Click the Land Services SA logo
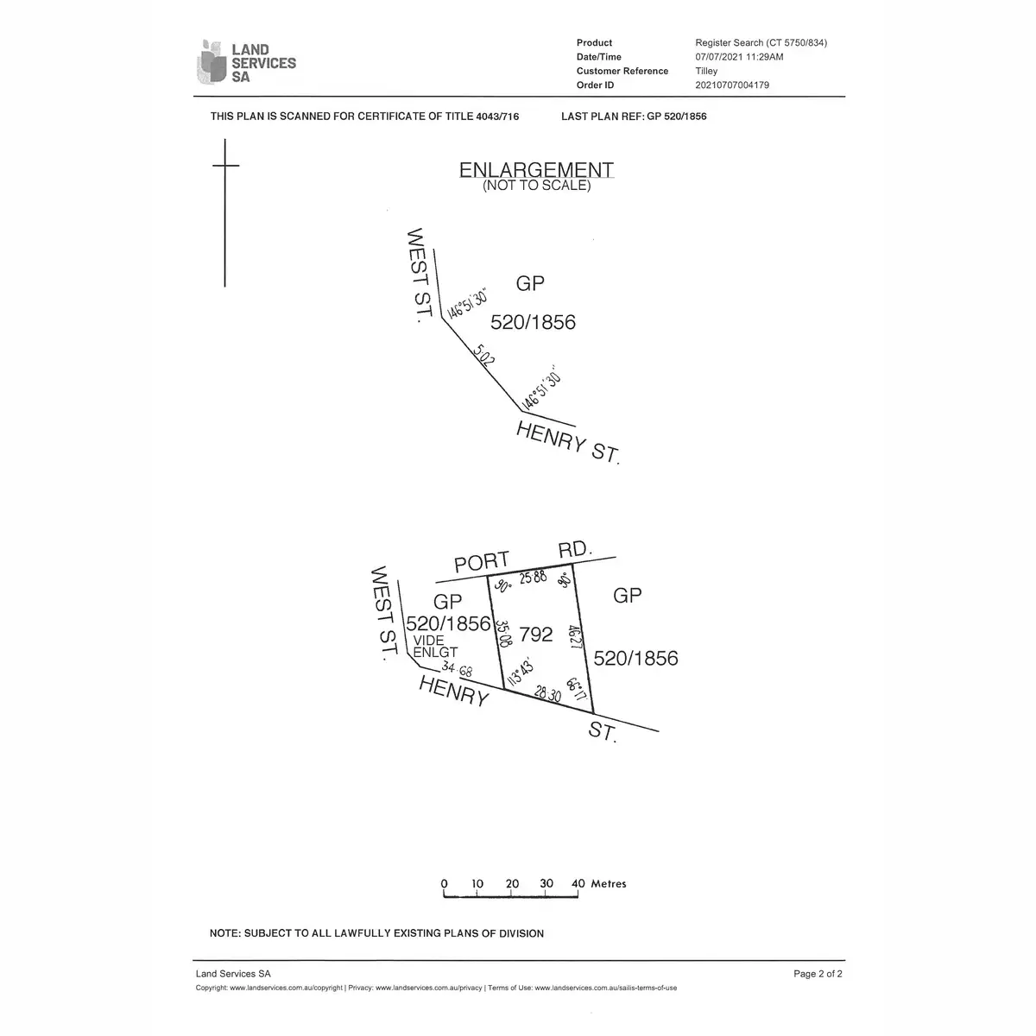[247, 62]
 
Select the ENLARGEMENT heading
[536, 170]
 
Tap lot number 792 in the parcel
[536, 635]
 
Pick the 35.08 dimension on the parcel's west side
[500, 632]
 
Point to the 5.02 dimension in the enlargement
[484, 356]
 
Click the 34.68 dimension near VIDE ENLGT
[457, 668]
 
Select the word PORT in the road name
[482, 562]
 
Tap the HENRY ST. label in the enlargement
[568, 441]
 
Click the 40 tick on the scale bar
[578, 883]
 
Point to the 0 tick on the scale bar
[445, 883]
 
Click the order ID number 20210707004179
[732, 85]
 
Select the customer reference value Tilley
[706, 71]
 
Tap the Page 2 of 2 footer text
[818, 974]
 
